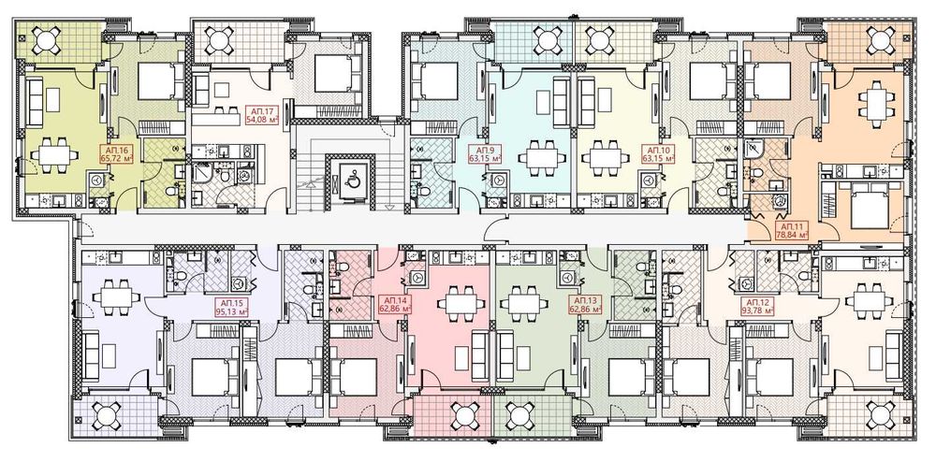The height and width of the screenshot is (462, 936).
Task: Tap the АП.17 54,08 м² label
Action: click(259, 114)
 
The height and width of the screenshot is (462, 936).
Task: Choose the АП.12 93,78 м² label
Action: click(757, 306)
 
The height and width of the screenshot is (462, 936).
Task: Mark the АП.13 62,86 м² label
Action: click(586, 305)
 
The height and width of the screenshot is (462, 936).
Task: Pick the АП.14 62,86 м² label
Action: click(396, 305)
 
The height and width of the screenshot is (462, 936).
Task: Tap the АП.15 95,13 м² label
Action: click(232, 305)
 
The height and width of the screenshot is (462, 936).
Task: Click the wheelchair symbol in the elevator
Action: click(350, 178)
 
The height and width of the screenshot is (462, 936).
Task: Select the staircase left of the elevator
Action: click(311, 166)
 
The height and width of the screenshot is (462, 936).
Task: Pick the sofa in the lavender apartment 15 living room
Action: click(92, 356)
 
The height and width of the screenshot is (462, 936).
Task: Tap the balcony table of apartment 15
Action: click(107, 415)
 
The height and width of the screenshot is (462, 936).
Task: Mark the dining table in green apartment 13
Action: click(524, 303)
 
